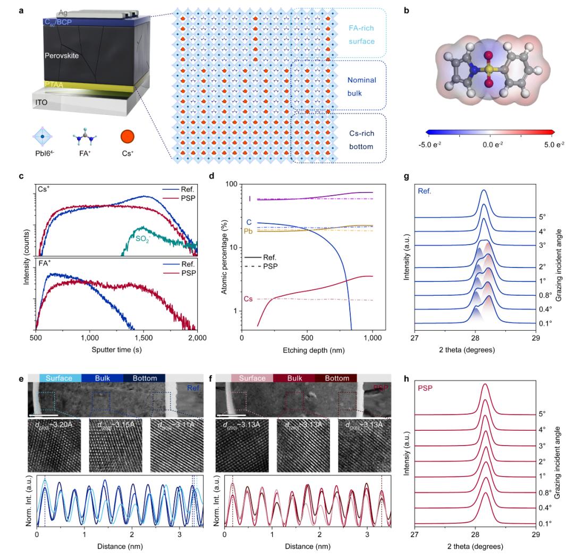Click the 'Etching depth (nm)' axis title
(307, 352)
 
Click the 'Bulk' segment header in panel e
(102, 378)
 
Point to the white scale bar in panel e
(43, 415)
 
